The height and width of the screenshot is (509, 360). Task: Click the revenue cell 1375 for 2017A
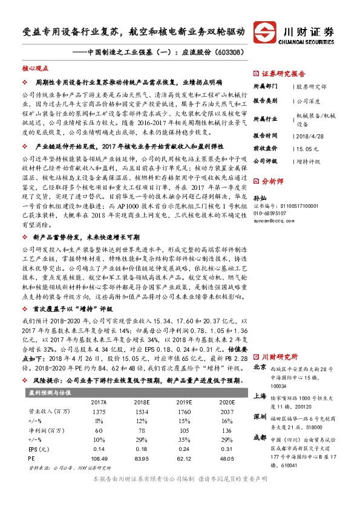click(x=99, y=411)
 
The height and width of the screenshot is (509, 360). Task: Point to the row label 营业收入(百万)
click(x=47, y=411)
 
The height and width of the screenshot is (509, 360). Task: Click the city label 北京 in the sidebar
click(x=260, y=367)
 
